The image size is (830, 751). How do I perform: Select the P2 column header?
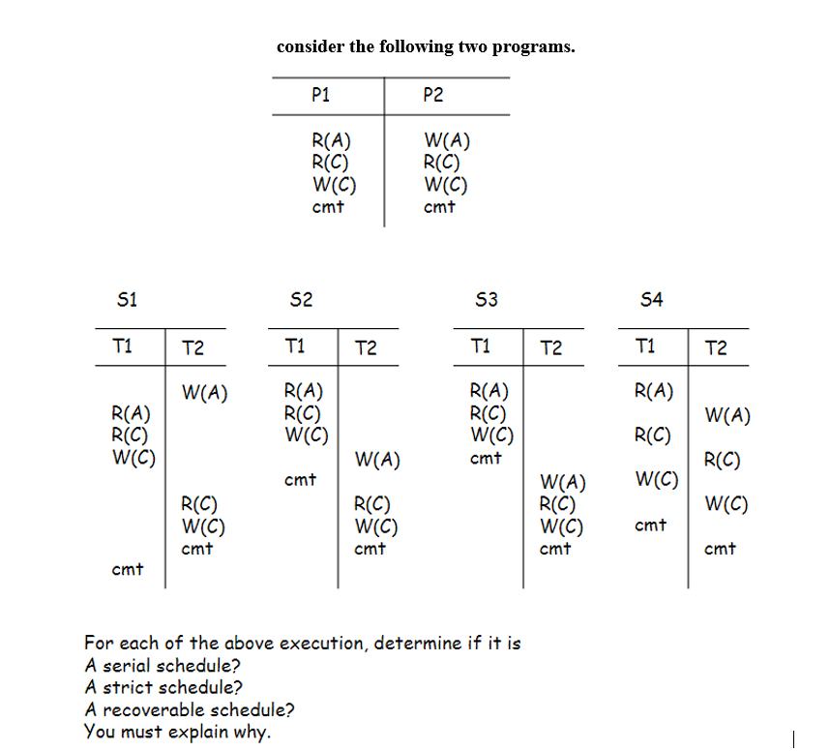(x=433, y=95)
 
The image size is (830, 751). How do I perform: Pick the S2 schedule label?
(x=301, y=300)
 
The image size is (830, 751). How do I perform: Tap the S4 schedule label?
(x=652, y=300)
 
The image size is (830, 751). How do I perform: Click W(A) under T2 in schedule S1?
(x=204, y=392)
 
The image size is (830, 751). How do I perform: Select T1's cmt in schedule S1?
(x=128, y=569)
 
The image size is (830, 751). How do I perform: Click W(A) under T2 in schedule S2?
(x=377, y=458)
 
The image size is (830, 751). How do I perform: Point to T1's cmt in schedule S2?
(x=301, y=479)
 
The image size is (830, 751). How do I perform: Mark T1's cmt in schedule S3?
(x=486, y=458)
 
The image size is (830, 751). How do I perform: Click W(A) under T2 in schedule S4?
(x=727, y=416)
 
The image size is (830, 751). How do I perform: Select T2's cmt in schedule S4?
(x=720, y=549)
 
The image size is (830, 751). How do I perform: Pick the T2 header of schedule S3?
(x=550, y=348)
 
